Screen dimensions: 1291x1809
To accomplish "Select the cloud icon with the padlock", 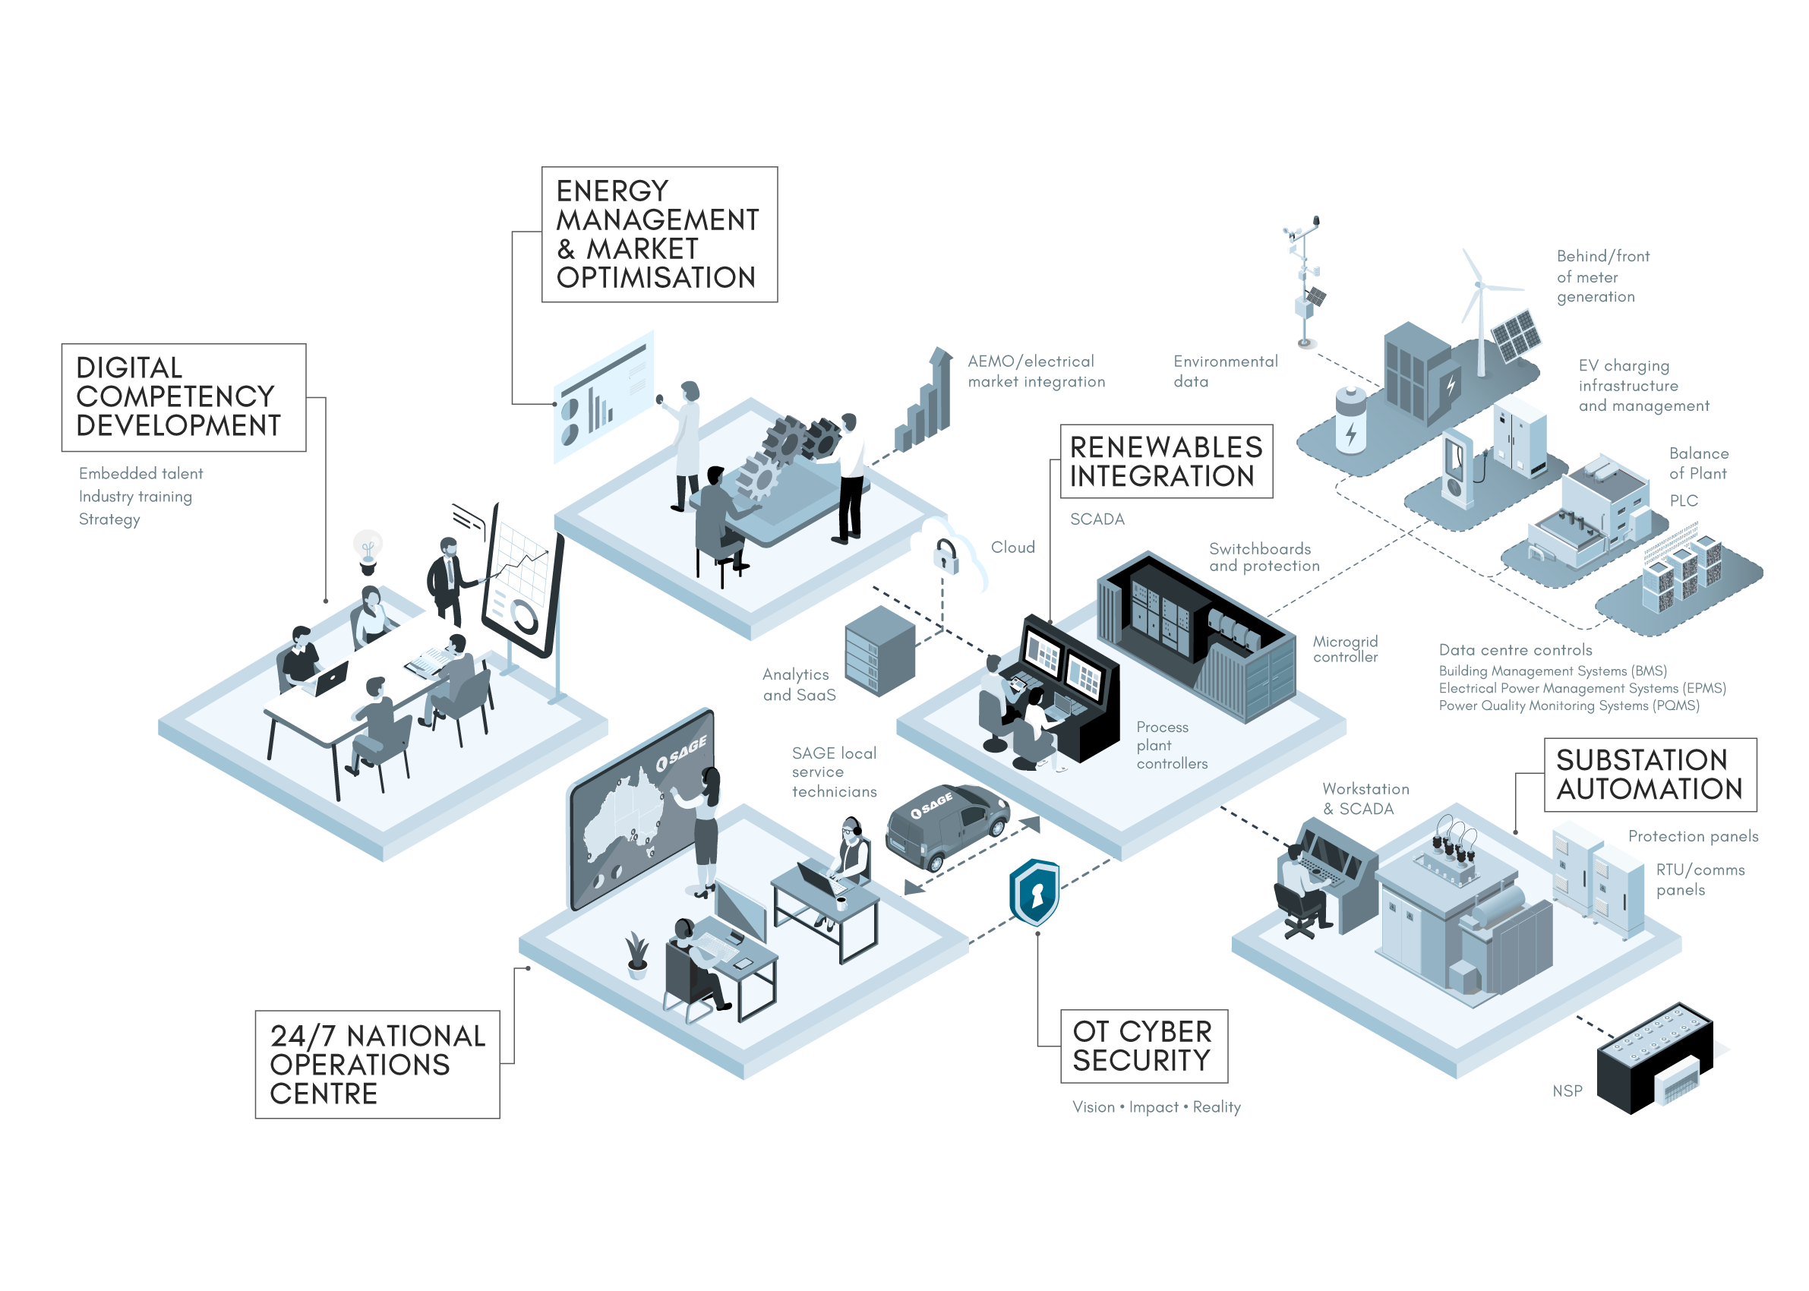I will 949,556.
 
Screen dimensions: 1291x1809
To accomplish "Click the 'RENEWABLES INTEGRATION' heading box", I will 1166,462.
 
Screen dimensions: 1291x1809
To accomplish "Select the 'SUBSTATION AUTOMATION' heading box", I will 1650,775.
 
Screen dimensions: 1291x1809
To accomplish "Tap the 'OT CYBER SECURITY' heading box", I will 1144,1046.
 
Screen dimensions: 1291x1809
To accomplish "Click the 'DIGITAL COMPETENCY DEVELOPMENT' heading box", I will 184,397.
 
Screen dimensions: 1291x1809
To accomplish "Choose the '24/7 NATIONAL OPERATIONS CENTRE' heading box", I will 377,1065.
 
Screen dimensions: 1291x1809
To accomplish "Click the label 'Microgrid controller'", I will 1346,649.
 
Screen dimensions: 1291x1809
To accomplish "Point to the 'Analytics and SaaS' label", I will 799,684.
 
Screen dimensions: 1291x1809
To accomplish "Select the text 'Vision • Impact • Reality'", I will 1156,1107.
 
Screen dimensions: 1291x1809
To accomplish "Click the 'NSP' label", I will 1567,1091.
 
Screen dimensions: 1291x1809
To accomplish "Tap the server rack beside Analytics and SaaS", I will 879,651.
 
